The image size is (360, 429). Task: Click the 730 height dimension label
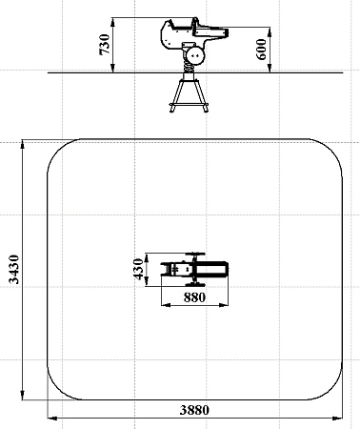point(105,45)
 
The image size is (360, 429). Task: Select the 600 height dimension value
point(261,50)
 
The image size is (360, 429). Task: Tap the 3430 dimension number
point(13,269)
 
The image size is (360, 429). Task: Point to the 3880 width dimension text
point(194,410)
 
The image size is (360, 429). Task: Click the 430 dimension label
point(138,269)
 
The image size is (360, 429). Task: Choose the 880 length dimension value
point(194,297)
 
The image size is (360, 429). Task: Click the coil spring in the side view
point(190,67)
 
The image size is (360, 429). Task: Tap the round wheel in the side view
point(195,55)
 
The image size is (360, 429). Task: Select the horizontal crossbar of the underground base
point(189,104)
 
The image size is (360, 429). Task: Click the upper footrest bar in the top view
point(195,255)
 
